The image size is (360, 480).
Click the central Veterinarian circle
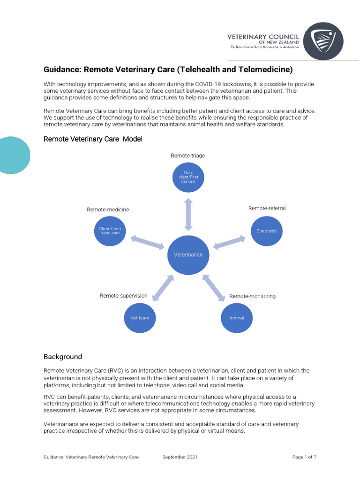188,255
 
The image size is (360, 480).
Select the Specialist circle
267,231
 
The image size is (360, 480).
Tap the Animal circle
237,317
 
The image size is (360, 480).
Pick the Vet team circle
140,317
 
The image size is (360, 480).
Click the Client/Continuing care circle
110,231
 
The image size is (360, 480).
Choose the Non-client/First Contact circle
188,177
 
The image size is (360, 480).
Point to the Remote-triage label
188,156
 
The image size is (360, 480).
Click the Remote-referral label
267,208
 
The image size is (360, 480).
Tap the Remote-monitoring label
252,296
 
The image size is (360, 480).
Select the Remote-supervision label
123,296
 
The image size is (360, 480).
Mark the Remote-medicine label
108,210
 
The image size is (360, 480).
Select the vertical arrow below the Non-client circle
188,214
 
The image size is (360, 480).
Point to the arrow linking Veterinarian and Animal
213,287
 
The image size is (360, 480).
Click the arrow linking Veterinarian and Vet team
163,287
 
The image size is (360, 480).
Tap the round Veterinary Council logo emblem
323,41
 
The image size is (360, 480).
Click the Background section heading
63,357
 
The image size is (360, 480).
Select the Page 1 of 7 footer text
304,457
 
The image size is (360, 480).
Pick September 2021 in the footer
180,457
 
